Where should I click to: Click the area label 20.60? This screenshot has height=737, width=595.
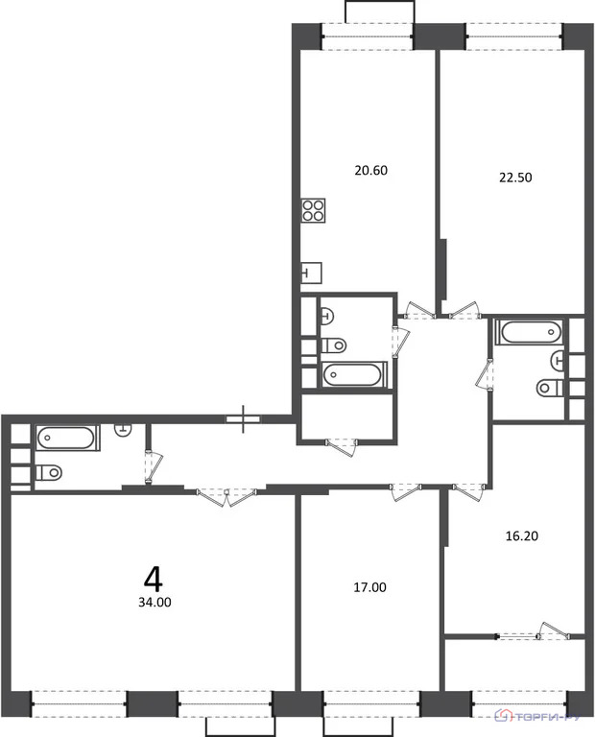pos(370,171)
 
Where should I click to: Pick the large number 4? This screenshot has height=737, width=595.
pos(152,578)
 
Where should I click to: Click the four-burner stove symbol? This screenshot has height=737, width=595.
pos(313,210)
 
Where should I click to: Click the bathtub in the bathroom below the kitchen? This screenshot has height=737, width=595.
pos(353,374)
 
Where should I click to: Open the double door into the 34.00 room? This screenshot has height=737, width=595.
pos(226,494)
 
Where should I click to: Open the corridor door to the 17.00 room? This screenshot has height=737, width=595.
pos(405,491)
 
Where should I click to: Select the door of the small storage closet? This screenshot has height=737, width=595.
pos(341,443)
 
